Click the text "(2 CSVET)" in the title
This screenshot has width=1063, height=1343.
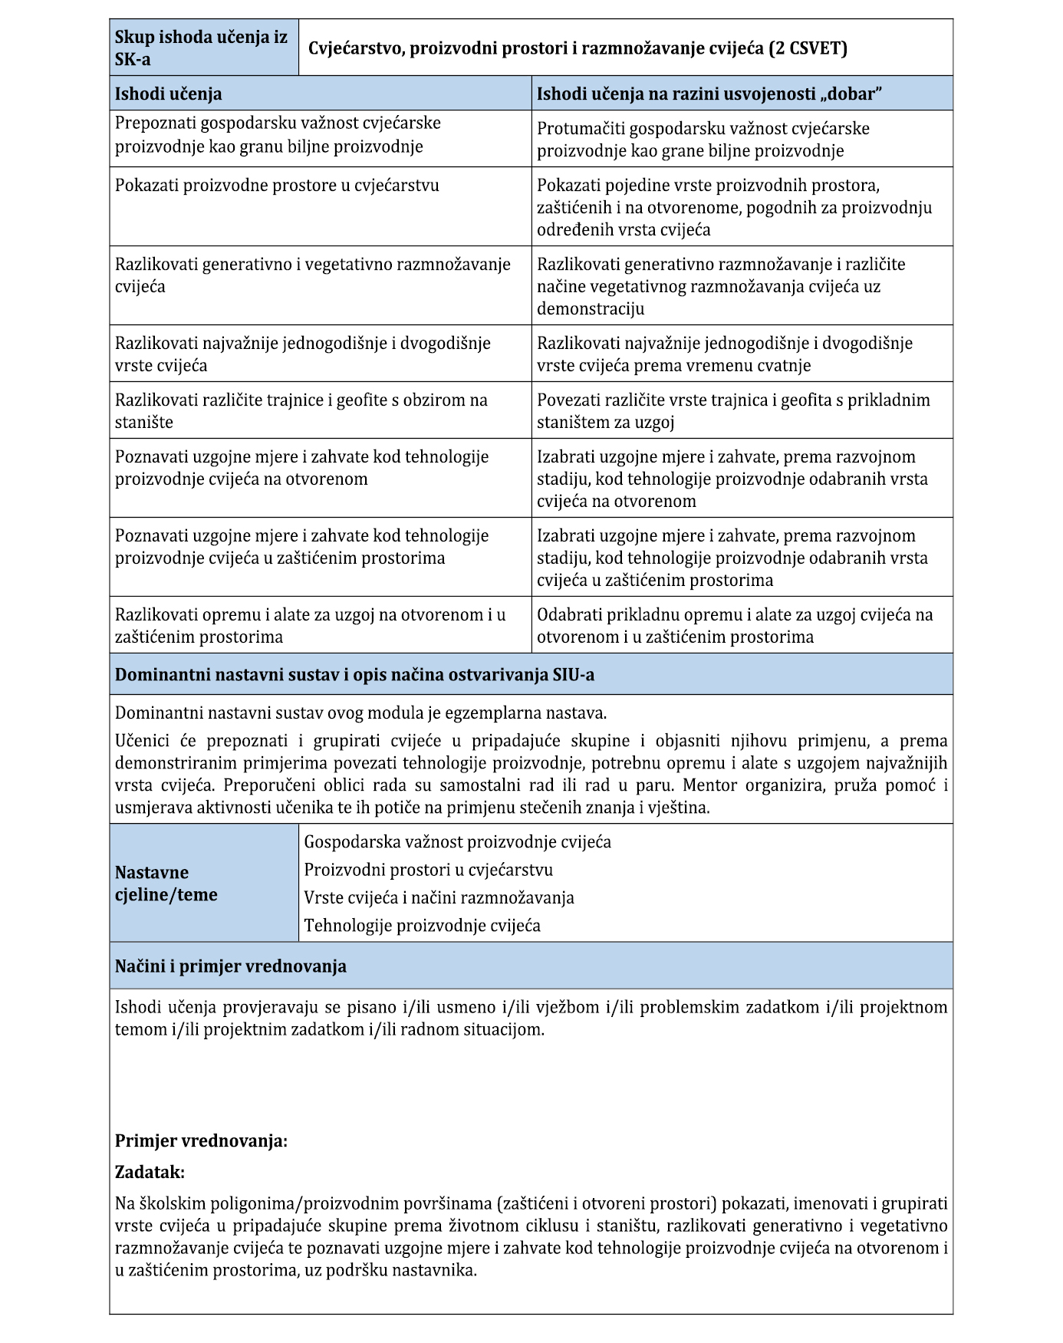pos(809,48)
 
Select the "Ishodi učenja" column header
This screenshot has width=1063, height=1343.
pos(169,94)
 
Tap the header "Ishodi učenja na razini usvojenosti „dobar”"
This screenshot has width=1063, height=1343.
pos(709,94)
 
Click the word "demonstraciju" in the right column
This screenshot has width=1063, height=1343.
pos(591,308)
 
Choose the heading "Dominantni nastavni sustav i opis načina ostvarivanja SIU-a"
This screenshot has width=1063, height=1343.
pos(354,675)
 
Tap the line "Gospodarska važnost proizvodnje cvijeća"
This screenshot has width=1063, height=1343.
pos(457,841)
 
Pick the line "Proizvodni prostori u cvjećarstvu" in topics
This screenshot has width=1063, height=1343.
pos(428,869)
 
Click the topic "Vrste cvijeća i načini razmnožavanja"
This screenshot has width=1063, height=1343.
pos(439,897)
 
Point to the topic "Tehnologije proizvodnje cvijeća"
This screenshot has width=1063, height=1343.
pos(422,925)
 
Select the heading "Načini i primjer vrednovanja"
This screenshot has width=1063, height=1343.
pos(230,966)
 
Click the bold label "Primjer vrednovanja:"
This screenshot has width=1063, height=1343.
pos(201,1141)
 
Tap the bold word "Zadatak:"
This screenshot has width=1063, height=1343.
pos(150,1172)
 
